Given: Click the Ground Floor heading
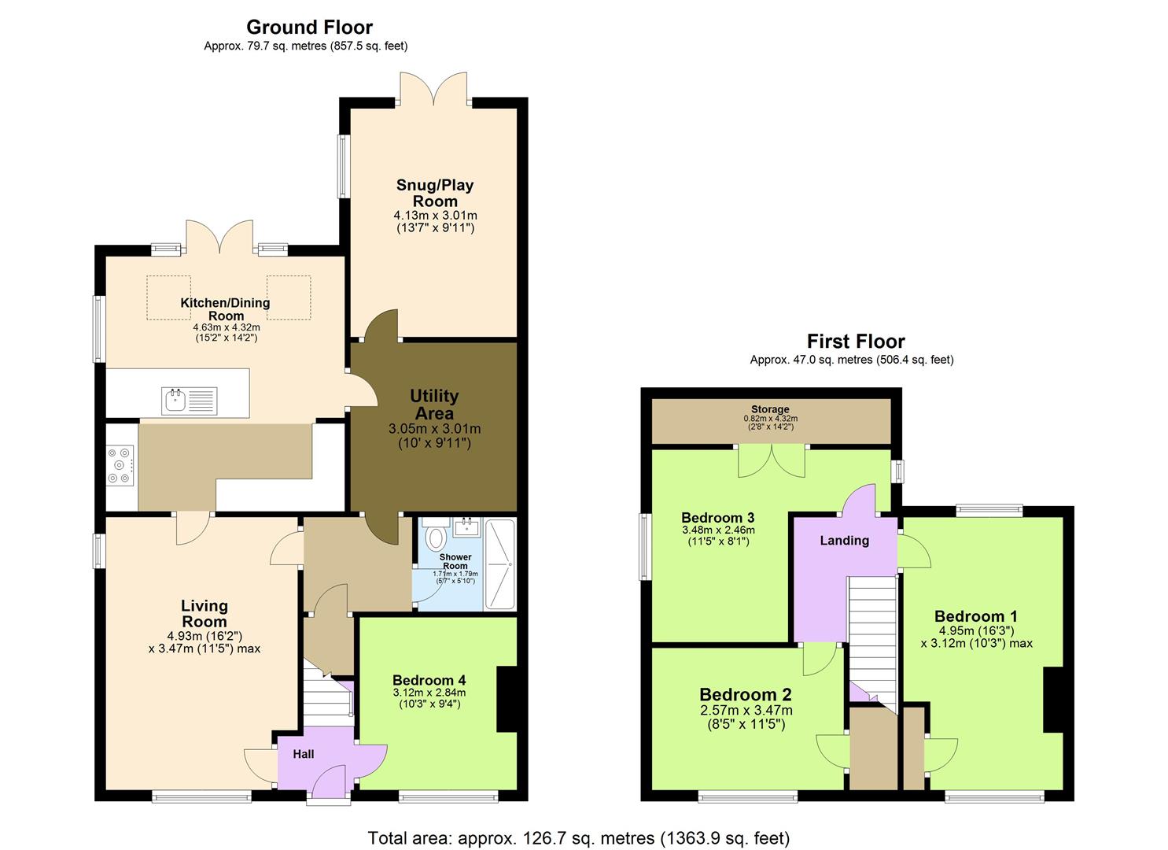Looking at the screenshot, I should point(309,28).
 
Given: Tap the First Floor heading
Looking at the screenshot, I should point(856,342).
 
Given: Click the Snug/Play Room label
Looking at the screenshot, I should point(435,193).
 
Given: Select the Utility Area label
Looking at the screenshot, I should point(434,405).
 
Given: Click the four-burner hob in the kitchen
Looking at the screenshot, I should point(120,466).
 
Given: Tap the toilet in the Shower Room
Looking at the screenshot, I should point(434,538).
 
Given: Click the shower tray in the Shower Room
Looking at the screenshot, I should point(499,564).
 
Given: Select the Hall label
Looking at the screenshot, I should point(304,754).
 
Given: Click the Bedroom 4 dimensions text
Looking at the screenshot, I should point(429,698).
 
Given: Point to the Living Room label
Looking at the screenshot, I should point(204,614).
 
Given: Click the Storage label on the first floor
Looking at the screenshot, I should point(770,409).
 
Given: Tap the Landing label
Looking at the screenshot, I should point(844,541).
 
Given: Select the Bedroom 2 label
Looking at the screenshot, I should point(746,695).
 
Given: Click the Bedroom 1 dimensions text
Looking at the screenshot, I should point(976,637).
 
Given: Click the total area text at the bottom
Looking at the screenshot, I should point(579,837).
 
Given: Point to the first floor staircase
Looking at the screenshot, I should point(871,637).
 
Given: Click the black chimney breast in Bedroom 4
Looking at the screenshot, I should point(507,699).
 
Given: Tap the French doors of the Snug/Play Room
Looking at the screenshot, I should point(433,89).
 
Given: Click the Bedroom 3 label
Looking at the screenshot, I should point(717,518).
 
